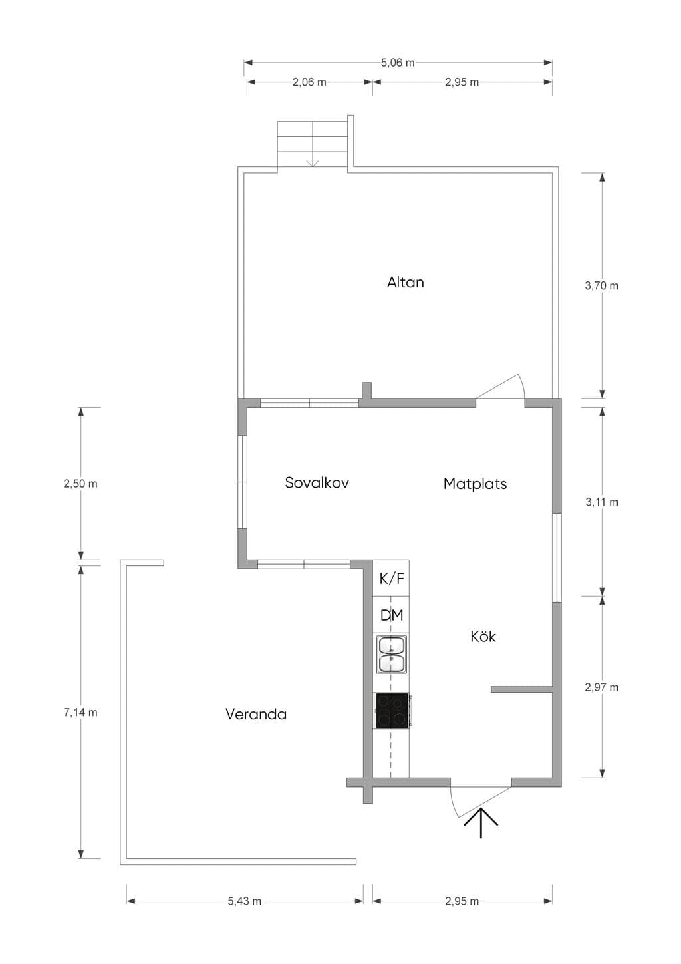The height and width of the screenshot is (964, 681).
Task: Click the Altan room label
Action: click(405, 282)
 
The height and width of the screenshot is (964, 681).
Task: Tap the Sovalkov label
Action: click(317, 482)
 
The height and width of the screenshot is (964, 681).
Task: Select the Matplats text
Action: click(475, 484)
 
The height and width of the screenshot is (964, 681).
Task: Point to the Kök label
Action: click(483, 636)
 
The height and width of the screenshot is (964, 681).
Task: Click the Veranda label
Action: click(256, 714)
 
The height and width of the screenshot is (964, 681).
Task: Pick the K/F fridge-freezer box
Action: click(391, 578)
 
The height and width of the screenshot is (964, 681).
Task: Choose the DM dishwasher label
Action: click(392, 615)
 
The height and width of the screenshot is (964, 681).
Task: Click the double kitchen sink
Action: click(392, 655)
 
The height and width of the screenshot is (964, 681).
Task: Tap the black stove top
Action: click(392, 711)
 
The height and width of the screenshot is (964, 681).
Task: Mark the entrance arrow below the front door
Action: click(481, 823)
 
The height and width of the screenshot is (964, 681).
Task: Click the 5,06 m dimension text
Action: click(398, 63)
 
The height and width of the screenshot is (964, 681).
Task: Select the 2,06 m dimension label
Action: click(309, 82)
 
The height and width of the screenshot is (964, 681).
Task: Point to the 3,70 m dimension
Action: click(601, 286)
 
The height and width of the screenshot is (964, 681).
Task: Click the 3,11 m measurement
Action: click(601, 502)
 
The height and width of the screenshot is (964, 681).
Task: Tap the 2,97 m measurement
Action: click(601, 687)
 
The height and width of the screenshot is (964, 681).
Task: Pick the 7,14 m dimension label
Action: click(80, 713)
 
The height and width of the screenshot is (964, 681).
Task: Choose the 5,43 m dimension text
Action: click(244, 901)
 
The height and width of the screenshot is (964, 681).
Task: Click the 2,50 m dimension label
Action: click(80, 484)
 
